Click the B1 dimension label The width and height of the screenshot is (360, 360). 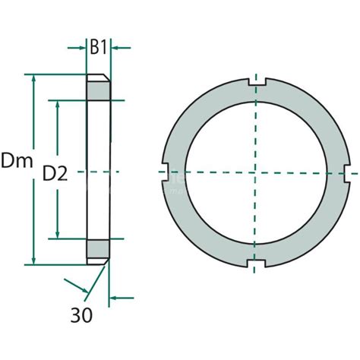99,47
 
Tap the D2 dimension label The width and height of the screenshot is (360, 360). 55,173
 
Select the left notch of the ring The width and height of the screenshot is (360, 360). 164,173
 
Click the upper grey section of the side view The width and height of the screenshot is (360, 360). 99,90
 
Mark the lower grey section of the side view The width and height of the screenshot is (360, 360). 99,249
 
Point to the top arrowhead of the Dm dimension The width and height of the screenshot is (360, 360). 33,79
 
